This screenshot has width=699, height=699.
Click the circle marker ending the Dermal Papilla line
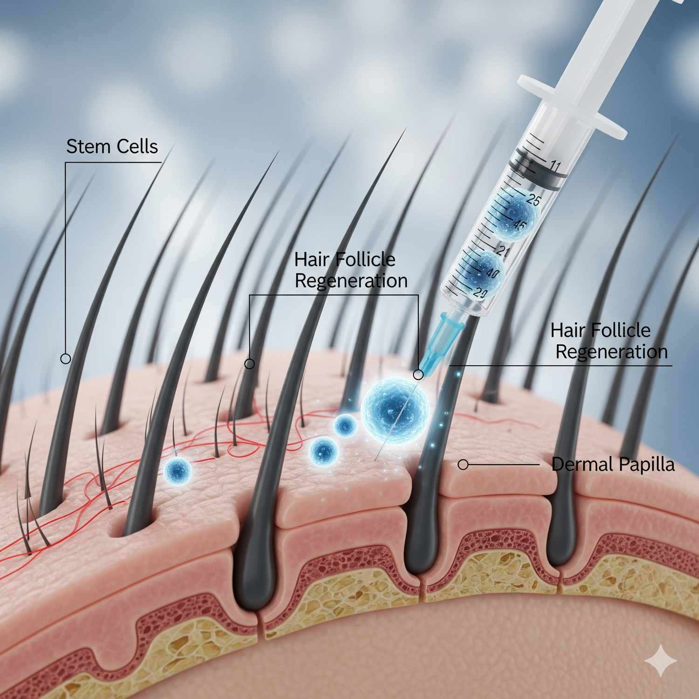pos(463,465)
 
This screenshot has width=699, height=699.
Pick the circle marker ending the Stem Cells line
pos(66,359)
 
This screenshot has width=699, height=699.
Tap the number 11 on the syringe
pos(555,165)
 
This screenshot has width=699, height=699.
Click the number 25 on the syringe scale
pos(533,200)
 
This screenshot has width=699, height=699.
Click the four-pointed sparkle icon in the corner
pos(660,660)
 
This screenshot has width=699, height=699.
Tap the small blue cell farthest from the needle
pos(178,471)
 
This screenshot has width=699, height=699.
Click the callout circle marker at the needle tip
pos(418,375)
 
